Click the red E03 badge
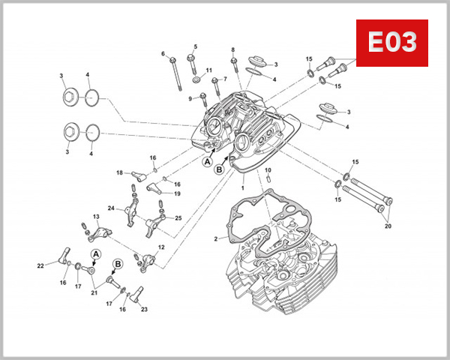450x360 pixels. click(x=391, y=43)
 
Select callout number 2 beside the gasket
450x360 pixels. click(x=215, y=239)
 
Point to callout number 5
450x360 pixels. click(x=194, y=46)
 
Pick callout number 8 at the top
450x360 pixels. click(x=232, y=49)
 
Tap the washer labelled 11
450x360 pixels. click(x=196, y=79)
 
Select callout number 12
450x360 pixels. click(x=161, y=247)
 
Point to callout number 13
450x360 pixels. click(x=96, y=217)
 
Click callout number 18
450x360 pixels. click(x=118, y=173)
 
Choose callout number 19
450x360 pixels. click(x=177, y=194)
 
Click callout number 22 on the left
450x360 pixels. click(x=40, y=265)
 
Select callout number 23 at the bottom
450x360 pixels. click(x=144, y=309)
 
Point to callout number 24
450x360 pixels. click(x=110, y=208)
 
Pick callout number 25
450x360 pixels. click(x=178, y=217)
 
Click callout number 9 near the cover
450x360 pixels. click(x=190, y=97)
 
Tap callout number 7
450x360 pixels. click(x=223, y=79)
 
